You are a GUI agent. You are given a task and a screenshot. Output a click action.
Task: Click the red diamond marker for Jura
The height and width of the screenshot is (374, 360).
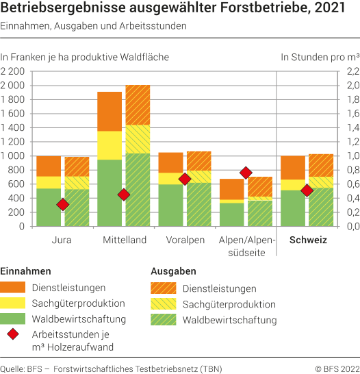(62, 204)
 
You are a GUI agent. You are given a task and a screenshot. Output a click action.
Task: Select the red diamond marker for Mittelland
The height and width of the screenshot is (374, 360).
(123, 195)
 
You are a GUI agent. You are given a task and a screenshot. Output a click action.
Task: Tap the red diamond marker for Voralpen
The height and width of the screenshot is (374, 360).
(184, 179)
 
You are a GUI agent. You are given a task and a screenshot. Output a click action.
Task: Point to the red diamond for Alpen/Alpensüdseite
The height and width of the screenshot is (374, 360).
(246, 173)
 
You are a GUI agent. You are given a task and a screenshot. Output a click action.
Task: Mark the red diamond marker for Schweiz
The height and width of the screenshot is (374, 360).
(307, 190)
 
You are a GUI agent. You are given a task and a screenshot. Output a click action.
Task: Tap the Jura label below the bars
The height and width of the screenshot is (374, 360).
(62, 240)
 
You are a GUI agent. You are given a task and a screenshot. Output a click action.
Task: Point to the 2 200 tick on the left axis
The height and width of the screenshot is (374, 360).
(13, 71)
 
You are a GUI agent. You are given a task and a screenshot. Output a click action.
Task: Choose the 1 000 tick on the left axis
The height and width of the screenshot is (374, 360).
(13, 155)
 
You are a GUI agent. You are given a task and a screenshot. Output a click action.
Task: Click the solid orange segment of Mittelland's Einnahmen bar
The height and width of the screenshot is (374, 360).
(110, 111)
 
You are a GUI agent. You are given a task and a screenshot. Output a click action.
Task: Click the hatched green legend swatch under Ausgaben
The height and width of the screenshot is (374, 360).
(165, 320)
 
